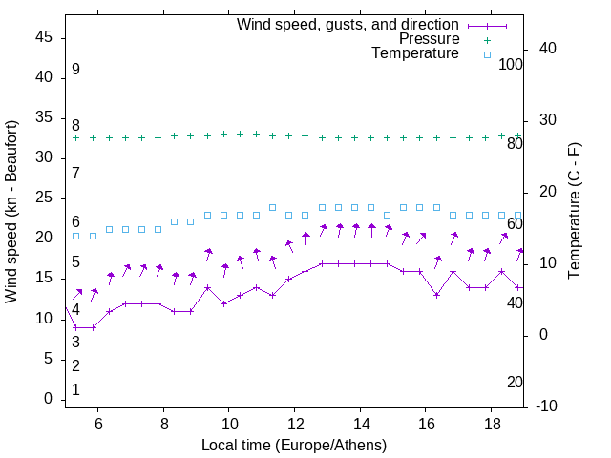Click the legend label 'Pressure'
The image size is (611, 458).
click(x=430, y=39)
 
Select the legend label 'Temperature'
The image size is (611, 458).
click(x=415, y=53)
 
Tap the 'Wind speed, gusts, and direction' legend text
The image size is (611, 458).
click(x=348, y=24)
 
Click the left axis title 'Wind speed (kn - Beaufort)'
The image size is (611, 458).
click(x=11, y=212)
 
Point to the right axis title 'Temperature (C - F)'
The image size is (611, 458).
click(x=574, y=211)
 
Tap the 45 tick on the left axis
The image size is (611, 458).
click(x=44, y=37)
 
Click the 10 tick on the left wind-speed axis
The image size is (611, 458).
click(x=44, y=319)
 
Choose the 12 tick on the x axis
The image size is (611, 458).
click(x=294, y=424)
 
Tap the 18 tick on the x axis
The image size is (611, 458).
click(x=491, y=424)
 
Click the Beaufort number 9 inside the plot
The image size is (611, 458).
click(x=75, y=70)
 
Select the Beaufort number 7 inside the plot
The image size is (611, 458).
click(x=75, y=173)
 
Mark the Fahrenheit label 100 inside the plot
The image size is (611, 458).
click(x=511, y=64)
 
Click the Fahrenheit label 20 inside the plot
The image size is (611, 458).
click(x=515, y=382)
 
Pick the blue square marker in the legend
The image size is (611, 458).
click(x=487, y=54)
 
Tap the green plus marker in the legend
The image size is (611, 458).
click(x=487, y=40)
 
